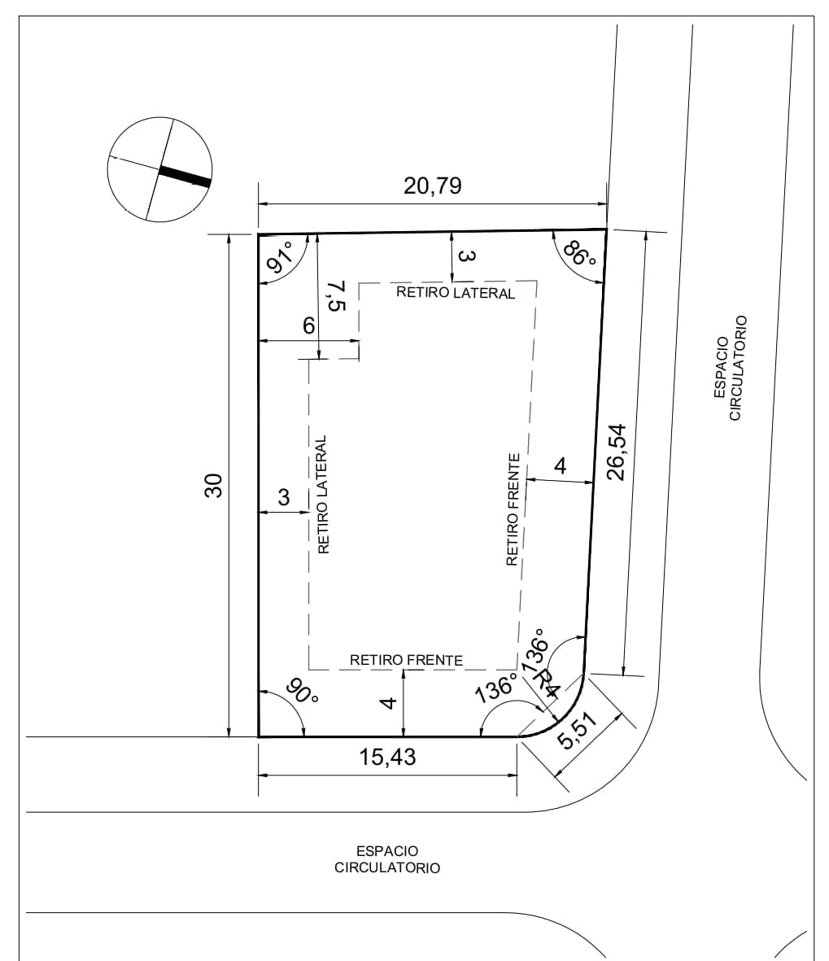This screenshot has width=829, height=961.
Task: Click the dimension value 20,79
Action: click(432, 185)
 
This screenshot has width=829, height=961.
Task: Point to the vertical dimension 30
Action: click(213, 486)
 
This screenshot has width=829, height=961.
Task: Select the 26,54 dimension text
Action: click(616, 452)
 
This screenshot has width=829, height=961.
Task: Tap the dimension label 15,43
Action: click(387, 757)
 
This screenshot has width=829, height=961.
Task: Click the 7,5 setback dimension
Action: click(336, 295)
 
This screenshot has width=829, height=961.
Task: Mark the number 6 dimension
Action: click(309, 325)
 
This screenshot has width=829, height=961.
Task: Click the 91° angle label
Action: click(280, 257)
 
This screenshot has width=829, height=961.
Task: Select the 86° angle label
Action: click(579, 253)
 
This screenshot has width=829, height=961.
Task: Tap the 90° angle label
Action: click(302, 692)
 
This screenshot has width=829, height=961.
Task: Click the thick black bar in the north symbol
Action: click(185, 177)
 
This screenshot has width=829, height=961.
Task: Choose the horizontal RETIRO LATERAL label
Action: click(456, 292)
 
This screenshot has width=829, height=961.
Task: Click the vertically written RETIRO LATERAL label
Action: click(323, 495)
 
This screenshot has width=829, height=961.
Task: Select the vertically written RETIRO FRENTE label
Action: click(513, 509)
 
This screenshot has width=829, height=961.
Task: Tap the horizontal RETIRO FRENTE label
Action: click(406, 660)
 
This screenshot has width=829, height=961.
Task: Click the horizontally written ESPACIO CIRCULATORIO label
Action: click(387, 859)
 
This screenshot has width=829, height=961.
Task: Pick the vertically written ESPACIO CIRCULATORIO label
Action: click(731, 368)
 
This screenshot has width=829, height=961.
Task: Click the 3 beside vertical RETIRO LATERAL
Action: click(283, 497)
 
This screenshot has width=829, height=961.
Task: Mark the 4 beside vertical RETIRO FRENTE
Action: click(560, 465)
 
